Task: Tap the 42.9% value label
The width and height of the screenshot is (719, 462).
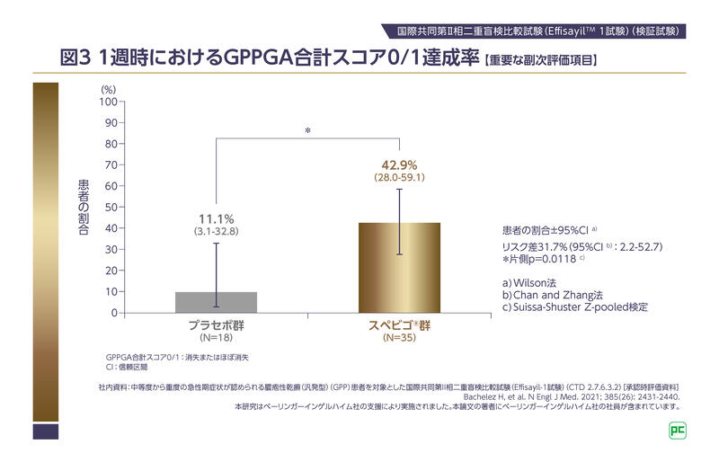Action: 400,164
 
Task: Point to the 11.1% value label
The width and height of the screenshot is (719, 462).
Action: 216,218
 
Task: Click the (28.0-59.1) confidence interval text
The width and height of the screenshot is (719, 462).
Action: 400,179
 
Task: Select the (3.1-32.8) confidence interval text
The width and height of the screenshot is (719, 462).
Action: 216,233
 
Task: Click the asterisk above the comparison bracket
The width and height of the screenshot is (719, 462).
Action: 307,131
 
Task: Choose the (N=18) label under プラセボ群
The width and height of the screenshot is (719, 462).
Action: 216,338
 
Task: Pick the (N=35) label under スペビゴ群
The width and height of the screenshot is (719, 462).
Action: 400,338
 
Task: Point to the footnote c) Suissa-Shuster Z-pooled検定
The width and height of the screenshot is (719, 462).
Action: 575,307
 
